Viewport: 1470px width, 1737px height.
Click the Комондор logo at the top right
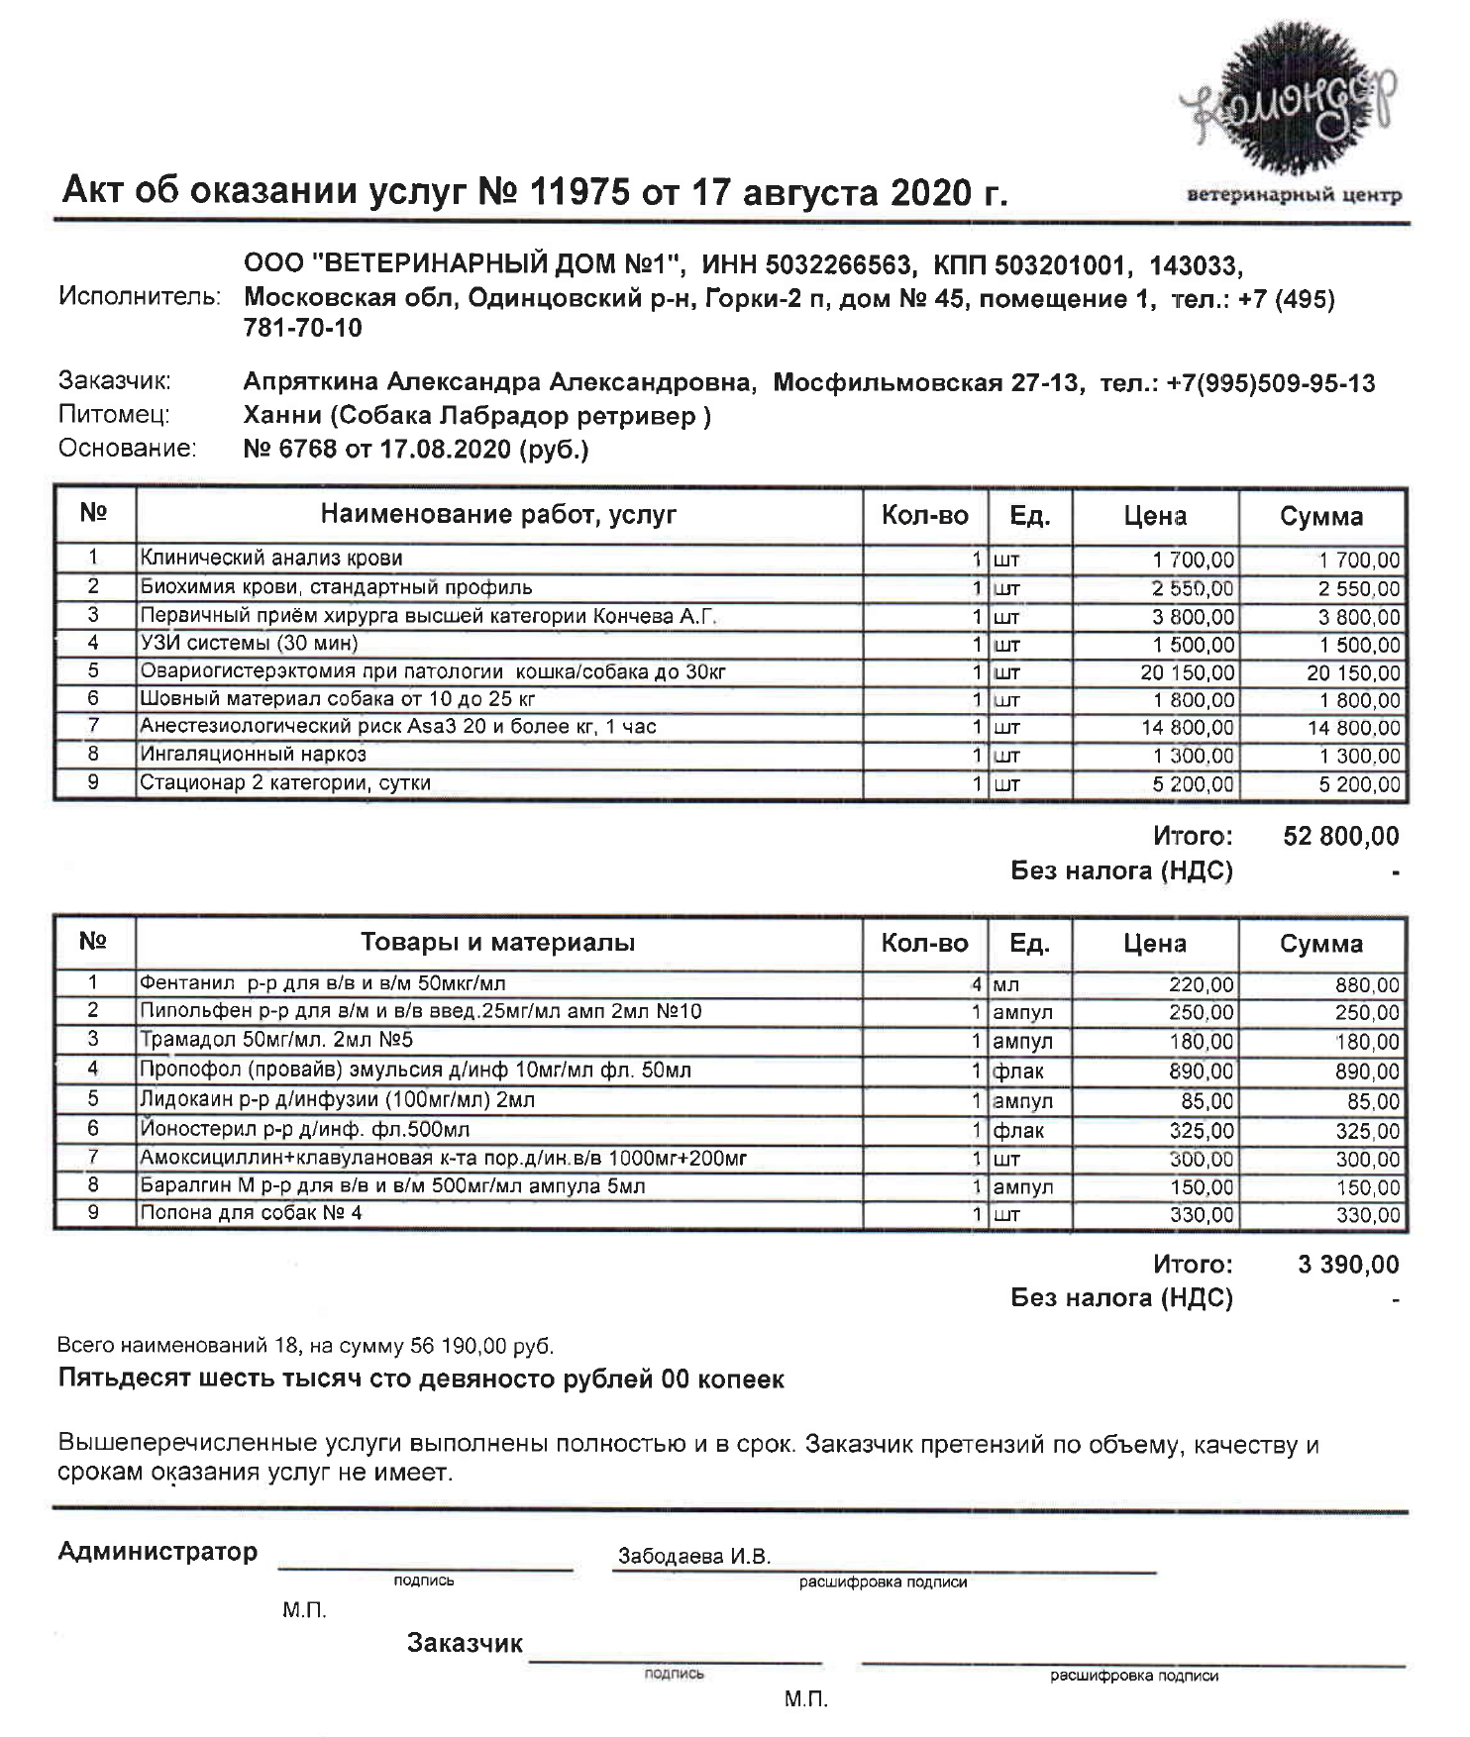1293,109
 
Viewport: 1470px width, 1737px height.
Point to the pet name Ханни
281,417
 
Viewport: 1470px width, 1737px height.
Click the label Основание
128,450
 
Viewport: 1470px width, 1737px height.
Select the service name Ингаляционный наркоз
253,755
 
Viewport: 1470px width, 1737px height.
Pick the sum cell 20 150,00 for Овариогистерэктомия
1353,673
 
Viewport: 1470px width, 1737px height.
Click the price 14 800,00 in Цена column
1188,728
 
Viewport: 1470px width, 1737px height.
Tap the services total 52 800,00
1340,837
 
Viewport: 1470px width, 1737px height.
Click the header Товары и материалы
497,943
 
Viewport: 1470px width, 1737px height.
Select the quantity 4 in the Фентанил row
976,985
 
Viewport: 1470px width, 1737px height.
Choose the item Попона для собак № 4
251,1213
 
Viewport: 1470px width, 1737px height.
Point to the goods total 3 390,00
1348,1265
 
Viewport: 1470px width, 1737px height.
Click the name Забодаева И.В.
693,1557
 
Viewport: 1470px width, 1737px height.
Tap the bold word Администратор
157,1552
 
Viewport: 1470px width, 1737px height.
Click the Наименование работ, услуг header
498,515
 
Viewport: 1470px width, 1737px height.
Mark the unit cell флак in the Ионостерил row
1018,1130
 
